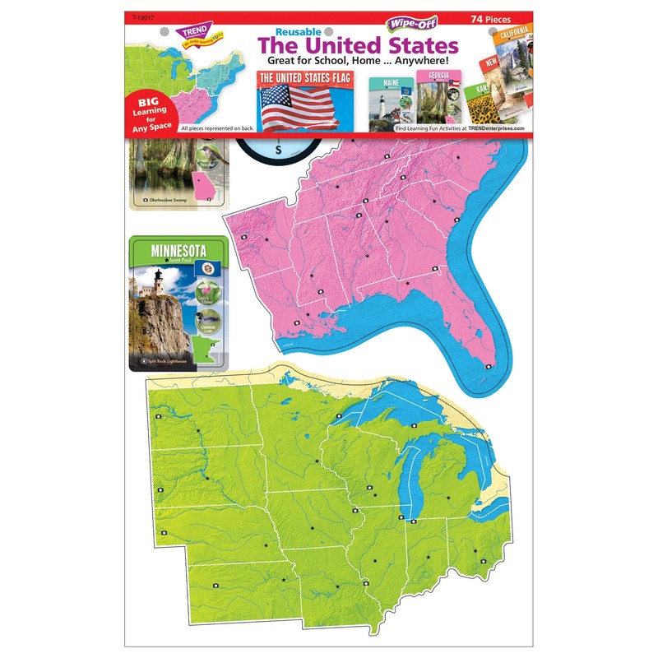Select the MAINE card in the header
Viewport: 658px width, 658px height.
389,100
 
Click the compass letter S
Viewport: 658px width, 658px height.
279,150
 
